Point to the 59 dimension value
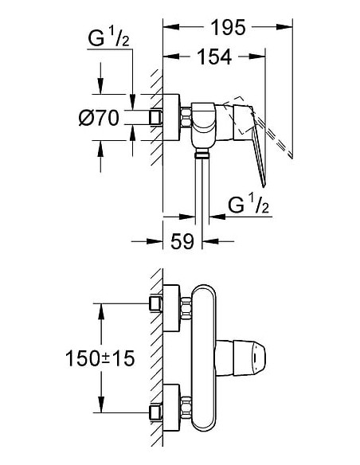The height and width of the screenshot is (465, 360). click(182, 242)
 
